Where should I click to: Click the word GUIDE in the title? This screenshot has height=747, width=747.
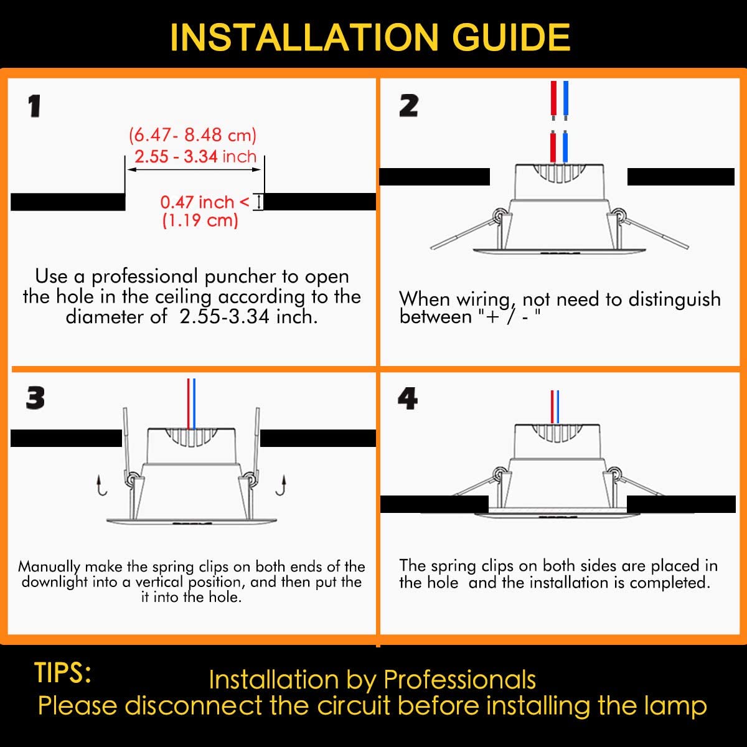511,37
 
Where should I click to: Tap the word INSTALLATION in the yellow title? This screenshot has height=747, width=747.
304,37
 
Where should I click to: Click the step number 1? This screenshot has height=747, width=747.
34,106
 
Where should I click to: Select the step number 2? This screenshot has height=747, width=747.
408,106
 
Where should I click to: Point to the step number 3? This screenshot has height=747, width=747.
35,398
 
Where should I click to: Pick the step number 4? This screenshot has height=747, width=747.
408,398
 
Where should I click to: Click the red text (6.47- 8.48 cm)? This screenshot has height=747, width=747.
192,135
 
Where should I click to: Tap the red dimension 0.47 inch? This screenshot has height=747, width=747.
197,202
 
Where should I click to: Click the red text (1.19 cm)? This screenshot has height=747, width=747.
200,220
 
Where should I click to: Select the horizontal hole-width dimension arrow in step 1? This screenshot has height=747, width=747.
194,169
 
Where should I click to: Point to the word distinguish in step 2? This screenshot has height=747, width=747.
674,299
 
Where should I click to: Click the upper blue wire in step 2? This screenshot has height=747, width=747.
566,100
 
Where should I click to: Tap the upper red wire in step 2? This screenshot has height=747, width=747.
553,100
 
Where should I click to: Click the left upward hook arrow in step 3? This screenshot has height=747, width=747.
101,486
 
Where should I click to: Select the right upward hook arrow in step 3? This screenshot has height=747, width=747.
281,486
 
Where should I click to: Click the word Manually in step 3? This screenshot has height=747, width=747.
49,567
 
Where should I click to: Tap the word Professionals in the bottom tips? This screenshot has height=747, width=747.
460,680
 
